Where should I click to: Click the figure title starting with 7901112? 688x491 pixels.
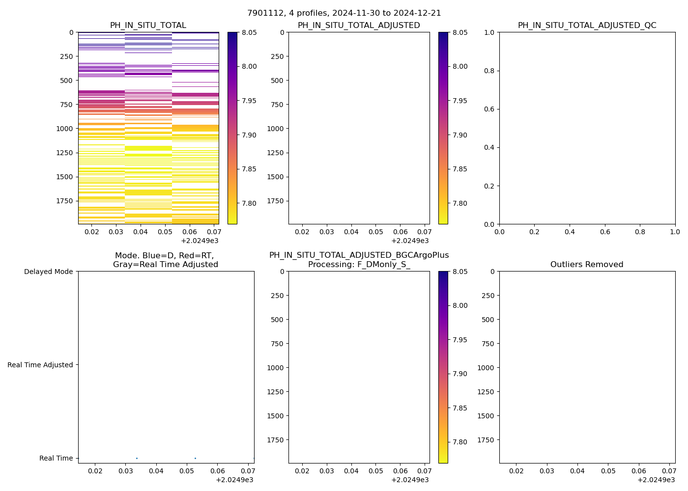tap(344, 13)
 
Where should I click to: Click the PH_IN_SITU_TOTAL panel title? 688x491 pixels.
tap(148, 26)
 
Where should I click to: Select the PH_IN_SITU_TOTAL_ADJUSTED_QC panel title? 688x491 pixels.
tap(587, 26)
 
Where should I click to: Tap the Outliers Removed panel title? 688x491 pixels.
tap(587, 265)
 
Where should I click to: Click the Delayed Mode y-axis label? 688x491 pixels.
tap(48, 272)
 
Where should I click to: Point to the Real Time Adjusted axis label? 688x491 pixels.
tap(40, 365)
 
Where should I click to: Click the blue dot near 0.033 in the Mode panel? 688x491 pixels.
tap(137, 458)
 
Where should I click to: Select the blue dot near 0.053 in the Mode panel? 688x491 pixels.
tap(195, 458)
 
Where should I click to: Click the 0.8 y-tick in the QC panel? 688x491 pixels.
tap(488, 71)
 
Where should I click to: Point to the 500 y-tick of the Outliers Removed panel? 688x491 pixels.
tap(487, 320)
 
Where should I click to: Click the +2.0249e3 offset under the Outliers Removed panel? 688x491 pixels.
tap(656, 480)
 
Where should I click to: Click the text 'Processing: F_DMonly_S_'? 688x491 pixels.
tap(359, 265)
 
